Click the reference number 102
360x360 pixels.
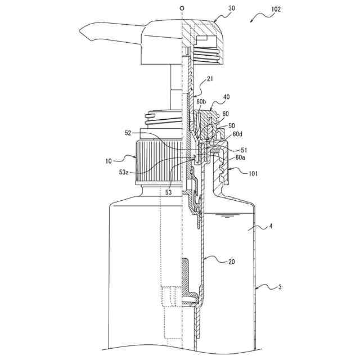pyautogui.click(x=276, y=10)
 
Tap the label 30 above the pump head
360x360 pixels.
pyautogui.click(x=215, y=9)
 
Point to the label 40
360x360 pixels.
pyautogui.click(x=226, y=97)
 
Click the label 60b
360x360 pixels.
pyautogui.click(x=201, y=102)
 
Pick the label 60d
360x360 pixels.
pyautogui.click(x=237, y=134)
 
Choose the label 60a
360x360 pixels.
pyautogui.click(x=240, y=158)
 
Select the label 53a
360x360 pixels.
pyautogui.click(x=127, y=172)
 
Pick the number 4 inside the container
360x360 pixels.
pyautogui.click(x=271, y=227)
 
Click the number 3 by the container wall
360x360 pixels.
pyautogui.click(x=280, y=287)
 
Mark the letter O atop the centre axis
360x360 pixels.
pyautogui.click(x=182, y=8)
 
